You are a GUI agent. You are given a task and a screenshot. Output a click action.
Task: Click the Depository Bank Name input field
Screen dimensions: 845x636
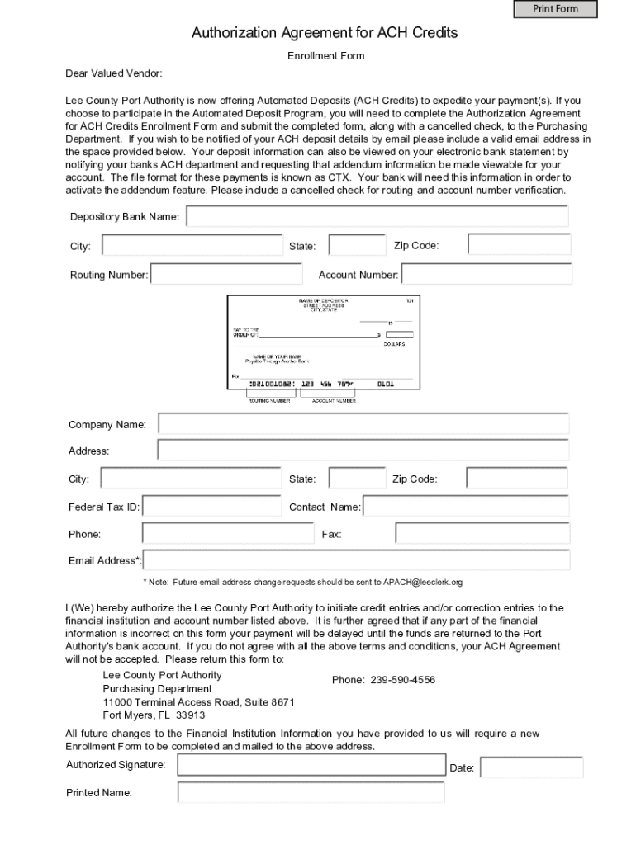coord(377,216)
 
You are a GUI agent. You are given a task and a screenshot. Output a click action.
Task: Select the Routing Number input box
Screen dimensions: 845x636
coord(226,275)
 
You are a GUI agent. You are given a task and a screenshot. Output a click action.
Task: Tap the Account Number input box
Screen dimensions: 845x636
coord(486,275)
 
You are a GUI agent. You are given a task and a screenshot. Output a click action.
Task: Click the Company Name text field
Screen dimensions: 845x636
coord(363,424)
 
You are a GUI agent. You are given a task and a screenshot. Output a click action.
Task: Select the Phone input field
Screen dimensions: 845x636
coord(211,534)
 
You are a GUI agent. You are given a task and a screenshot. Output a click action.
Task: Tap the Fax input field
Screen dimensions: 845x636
coord(482,534)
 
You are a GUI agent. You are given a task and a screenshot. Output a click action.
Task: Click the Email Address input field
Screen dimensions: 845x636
coord(357,560)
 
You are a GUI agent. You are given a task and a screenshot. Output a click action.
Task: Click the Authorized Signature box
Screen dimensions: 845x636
coord(311,765)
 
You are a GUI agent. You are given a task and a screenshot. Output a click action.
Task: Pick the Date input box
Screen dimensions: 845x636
coord(531,768)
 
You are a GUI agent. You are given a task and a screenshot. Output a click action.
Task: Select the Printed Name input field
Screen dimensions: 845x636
coord(311,793)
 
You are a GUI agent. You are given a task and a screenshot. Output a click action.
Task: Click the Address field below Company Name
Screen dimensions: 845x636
coord(363,451)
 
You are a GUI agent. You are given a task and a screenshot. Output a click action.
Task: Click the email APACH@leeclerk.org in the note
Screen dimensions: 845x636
coord(422,583)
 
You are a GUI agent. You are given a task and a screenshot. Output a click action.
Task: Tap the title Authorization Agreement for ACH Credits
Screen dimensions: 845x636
coord(325,33)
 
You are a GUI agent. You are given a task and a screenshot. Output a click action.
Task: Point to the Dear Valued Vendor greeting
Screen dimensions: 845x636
coord(114,73)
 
